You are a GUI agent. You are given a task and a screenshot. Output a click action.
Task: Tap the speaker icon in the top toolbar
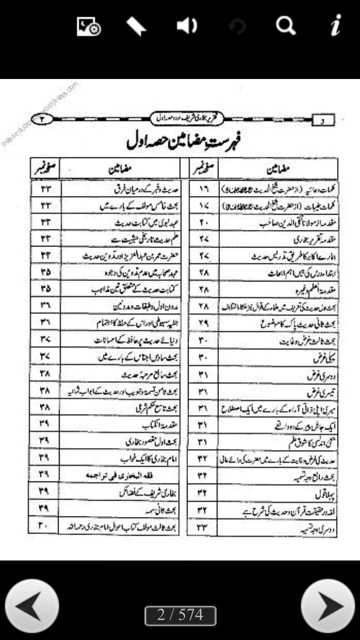coord(187,26)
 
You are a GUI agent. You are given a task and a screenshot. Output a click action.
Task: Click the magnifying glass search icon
coord(285,26)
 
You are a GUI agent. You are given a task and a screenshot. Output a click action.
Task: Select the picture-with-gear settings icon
coord(88,26)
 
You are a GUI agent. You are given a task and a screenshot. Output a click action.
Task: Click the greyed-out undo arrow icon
coord(236,26)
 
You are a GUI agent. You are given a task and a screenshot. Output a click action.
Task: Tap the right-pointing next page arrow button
coord(328,606)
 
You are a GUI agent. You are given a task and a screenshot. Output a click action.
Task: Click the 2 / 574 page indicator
coord(180,615)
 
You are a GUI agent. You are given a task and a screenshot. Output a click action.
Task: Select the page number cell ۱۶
coord(202,189)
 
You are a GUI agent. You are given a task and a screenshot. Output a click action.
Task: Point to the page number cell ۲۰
coord(202,223)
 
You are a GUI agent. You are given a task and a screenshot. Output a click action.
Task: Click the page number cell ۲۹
coord(202,323)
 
